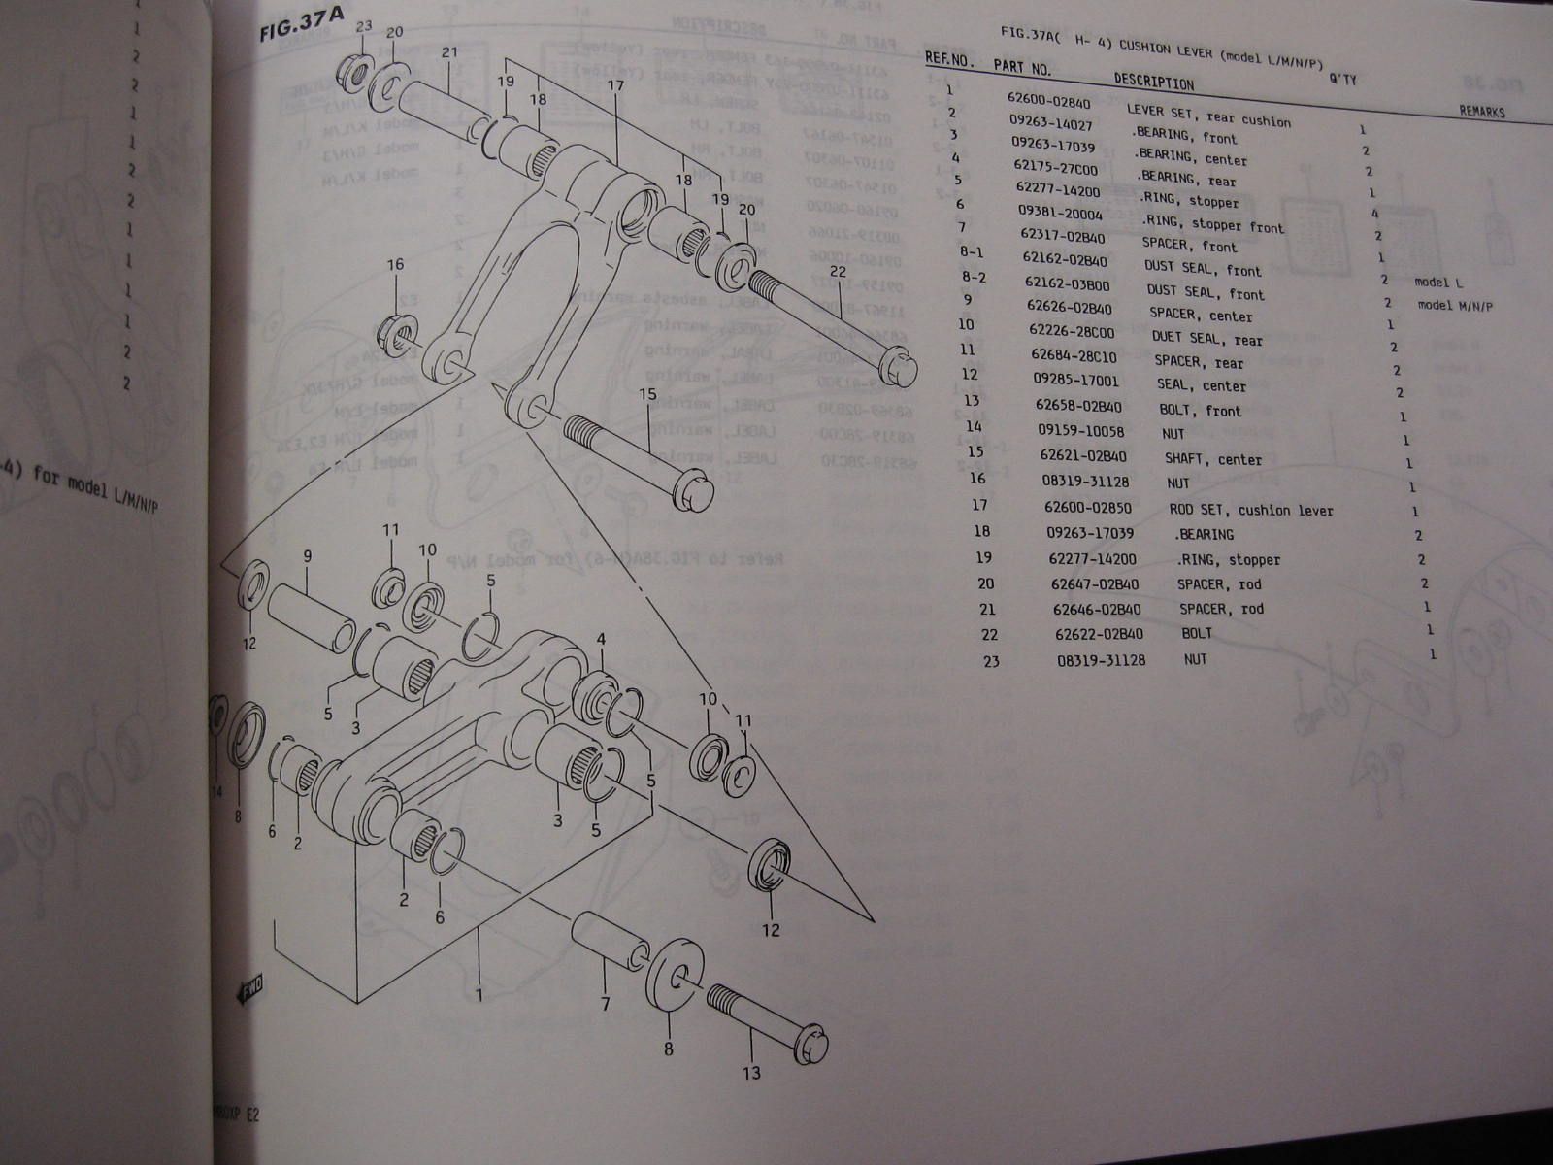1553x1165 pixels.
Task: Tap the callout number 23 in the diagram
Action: pyautogui.click(x=363, y=27)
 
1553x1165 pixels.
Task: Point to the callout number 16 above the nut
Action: pyautogui.click(x=395, y=264)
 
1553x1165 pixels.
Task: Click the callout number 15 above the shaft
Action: pyautogui.click(x=647, y=394)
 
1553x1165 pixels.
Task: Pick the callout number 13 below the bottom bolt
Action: pyautogui.click(x=751, y=1073)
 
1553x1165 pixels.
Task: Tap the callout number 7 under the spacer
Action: pyautogui.click(x=605, y=1005)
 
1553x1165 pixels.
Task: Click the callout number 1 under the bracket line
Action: pyautogui.click(x=479, y=995)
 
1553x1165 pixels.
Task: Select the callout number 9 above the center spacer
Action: pyautogui.click(x=307, y=556)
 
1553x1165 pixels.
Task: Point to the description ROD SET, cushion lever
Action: pyautogui.click(x=1250, y=510)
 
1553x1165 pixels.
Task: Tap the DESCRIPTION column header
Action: pyautogui.click(x=1153, y=81)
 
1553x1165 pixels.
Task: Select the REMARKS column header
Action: pyautogui.click(x=1481, y=112)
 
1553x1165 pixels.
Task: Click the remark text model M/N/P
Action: pyautogui.click(x=1455, y=306)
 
